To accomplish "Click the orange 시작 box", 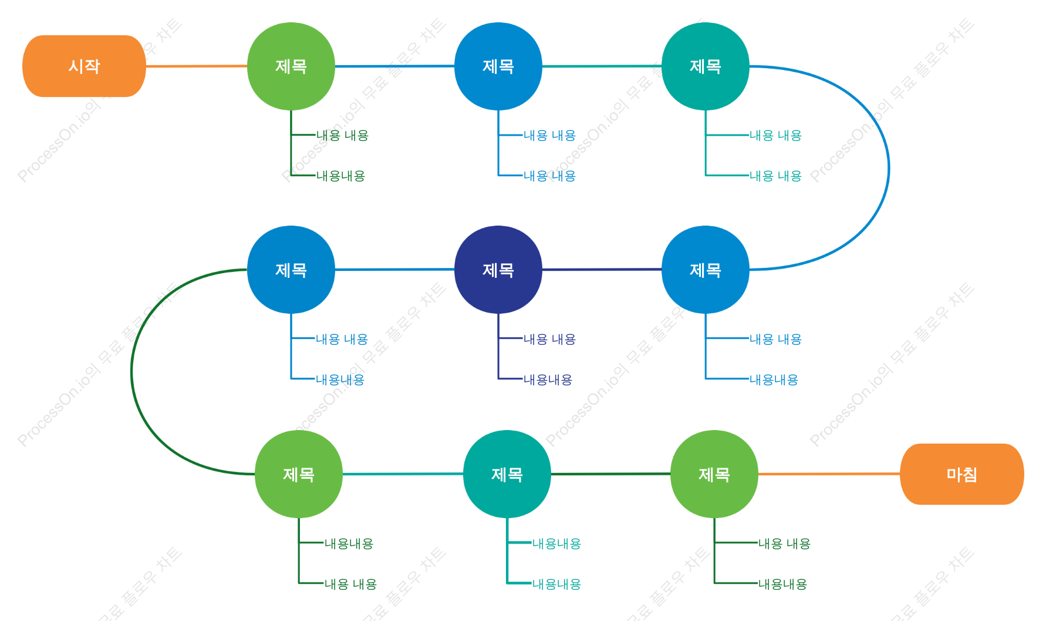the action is pyautogui.click(x=84, y=66).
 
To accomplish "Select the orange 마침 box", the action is pyautogui.click(x=962, y=474).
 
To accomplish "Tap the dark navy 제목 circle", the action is pyautogui.click(x=498, y=270).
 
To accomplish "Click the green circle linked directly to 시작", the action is pyautogui.click(x=291, y=66).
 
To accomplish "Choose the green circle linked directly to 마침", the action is pyautogui.click(x=714, y=474).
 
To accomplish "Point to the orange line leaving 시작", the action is pyautogui.click(x=197, y=66).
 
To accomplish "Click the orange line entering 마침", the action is pyautogui.click(x=829, y=474).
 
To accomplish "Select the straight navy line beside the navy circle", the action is pyautogui.click(x=602, y=270).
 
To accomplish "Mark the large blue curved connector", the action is pyautogui.click(x=889, y=168).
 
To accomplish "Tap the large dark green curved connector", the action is pyautogui.click(x=132, y=372).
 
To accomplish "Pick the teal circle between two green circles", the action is pyautogui.click(x=507, y=474).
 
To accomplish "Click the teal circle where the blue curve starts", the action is pyautogui.click(x=706, y=66).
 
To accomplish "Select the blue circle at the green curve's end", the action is pyautogui.click(x=291, y=270).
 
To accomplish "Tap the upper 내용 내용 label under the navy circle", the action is pyautogui.click(x=549, y=339).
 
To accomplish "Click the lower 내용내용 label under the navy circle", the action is pyautogui.click(x=548, y=380).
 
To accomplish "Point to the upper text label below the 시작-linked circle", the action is pyautogui.click(x=342, y=135).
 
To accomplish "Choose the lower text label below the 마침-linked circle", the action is pyautogui.click(x=782, y=584).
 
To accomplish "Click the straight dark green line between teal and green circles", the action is pyautogui.click(x=610, y=474).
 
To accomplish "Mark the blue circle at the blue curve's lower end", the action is pyautogui.click(x=706, y=270).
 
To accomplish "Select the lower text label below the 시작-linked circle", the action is pyautogui.click(x=340, y=176).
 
